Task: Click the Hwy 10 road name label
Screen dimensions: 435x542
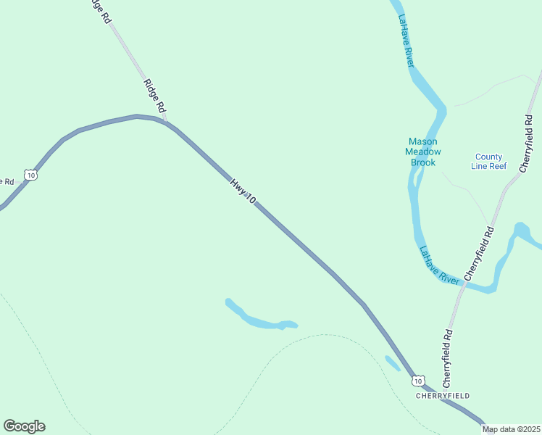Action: [243, 190]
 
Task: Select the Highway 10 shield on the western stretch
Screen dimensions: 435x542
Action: [30, 174]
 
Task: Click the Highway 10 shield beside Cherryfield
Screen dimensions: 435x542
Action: [417, 380]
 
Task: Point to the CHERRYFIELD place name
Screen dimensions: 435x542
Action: [443, 396]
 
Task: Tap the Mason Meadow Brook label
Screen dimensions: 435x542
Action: [423, 152]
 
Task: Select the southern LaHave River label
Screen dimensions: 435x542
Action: [440, 265]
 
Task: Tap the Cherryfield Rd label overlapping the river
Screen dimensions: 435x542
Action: [479, 253]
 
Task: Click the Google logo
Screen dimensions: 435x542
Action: [24, 426]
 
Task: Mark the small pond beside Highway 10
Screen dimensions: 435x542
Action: [392, 363]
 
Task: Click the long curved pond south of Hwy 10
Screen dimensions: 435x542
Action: [261, 320]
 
